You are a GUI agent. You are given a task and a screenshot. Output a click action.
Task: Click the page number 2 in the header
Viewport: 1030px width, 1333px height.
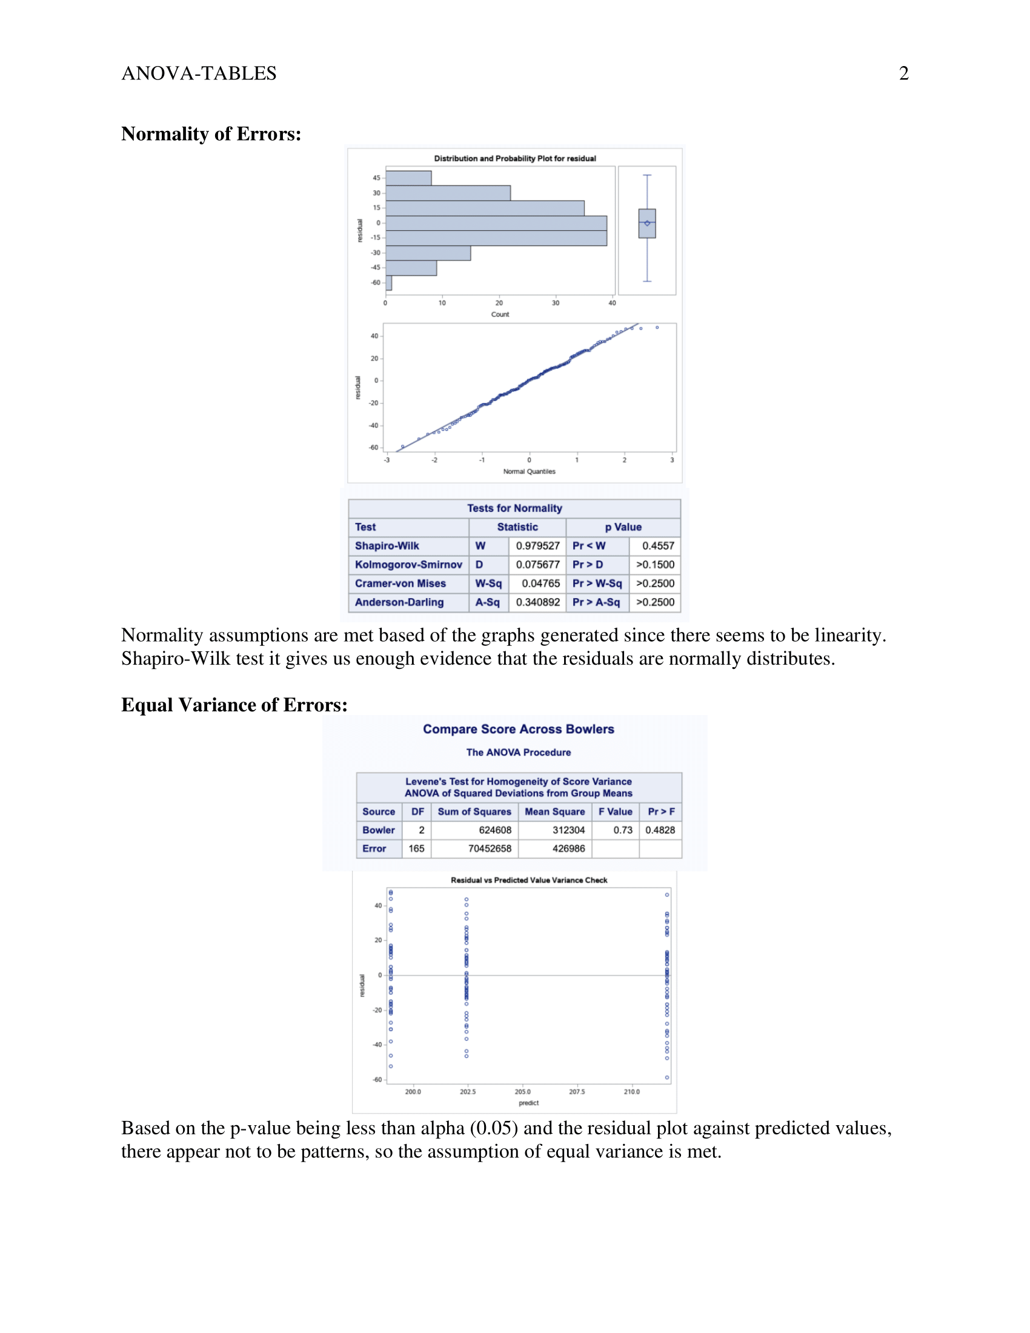click(x=904, y=73)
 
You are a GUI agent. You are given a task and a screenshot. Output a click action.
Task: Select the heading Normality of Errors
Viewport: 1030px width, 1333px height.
click(x=211, y=134)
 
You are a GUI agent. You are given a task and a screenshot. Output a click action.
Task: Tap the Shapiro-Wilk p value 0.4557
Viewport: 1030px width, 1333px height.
click(x=658, y=546)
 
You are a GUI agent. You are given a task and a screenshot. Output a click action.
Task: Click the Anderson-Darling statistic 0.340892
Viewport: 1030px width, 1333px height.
click(x=537, y=602)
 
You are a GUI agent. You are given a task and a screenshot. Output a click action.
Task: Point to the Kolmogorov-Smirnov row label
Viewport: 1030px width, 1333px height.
click(x=408, y=565)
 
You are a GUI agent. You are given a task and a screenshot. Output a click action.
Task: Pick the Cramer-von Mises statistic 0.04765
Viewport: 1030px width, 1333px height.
click(x=540, y=583)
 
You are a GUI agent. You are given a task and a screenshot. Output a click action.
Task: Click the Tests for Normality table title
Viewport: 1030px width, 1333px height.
click(x=514, y=508)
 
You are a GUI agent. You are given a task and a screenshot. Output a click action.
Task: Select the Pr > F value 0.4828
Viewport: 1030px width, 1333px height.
click(x=660, y=830)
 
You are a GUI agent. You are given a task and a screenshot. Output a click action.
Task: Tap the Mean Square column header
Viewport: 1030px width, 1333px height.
click(x=554, y=812)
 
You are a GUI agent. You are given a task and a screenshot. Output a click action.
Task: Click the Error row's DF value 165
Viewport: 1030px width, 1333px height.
click(x=416, y=848)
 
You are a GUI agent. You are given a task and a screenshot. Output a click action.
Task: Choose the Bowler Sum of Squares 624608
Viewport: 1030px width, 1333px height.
click(x=495, y=830)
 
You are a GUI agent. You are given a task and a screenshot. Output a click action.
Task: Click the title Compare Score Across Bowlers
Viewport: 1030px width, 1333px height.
click(x=518, y=730)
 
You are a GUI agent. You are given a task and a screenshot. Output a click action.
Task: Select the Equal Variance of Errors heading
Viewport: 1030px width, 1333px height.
click(x=234, y=705)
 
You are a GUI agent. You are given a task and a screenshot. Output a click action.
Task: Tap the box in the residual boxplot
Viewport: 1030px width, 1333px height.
click(x=647, y=224)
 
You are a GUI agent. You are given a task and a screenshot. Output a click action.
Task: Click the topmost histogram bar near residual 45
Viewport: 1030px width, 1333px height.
click(x=408, y=178)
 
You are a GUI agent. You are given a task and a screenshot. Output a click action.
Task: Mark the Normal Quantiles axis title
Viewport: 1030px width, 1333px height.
click(x=529, y=471)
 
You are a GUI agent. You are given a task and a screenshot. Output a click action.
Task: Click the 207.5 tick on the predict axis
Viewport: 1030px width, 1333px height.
click(x=577, y=1091)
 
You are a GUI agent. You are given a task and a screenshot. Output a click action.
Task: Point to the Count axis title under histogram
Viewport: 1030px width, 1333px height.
click(x=500, y=314)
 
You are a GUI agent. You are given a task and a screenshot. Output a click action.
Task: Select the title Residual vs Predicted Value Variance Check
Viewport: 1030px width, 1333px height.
click(x=528, y=880)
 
